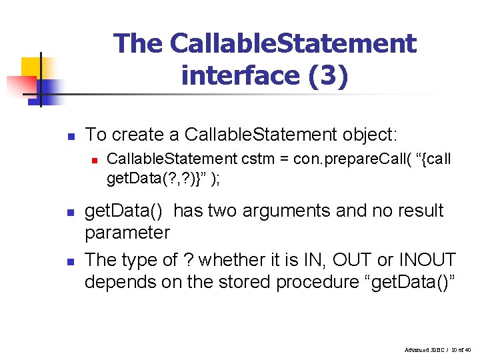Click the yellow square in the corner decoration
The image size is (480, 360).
pos(31,67)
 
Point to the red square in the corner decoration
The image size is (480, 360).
pos(21,86)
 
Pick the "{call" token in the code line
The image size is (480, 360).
pos(433,159)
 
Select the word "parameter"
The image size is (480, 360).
pos(127,233)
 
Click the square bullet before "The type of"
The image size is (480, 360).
pos(70,260)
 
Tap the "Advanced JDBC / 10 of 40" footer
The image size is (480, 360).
pos(437,349)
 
